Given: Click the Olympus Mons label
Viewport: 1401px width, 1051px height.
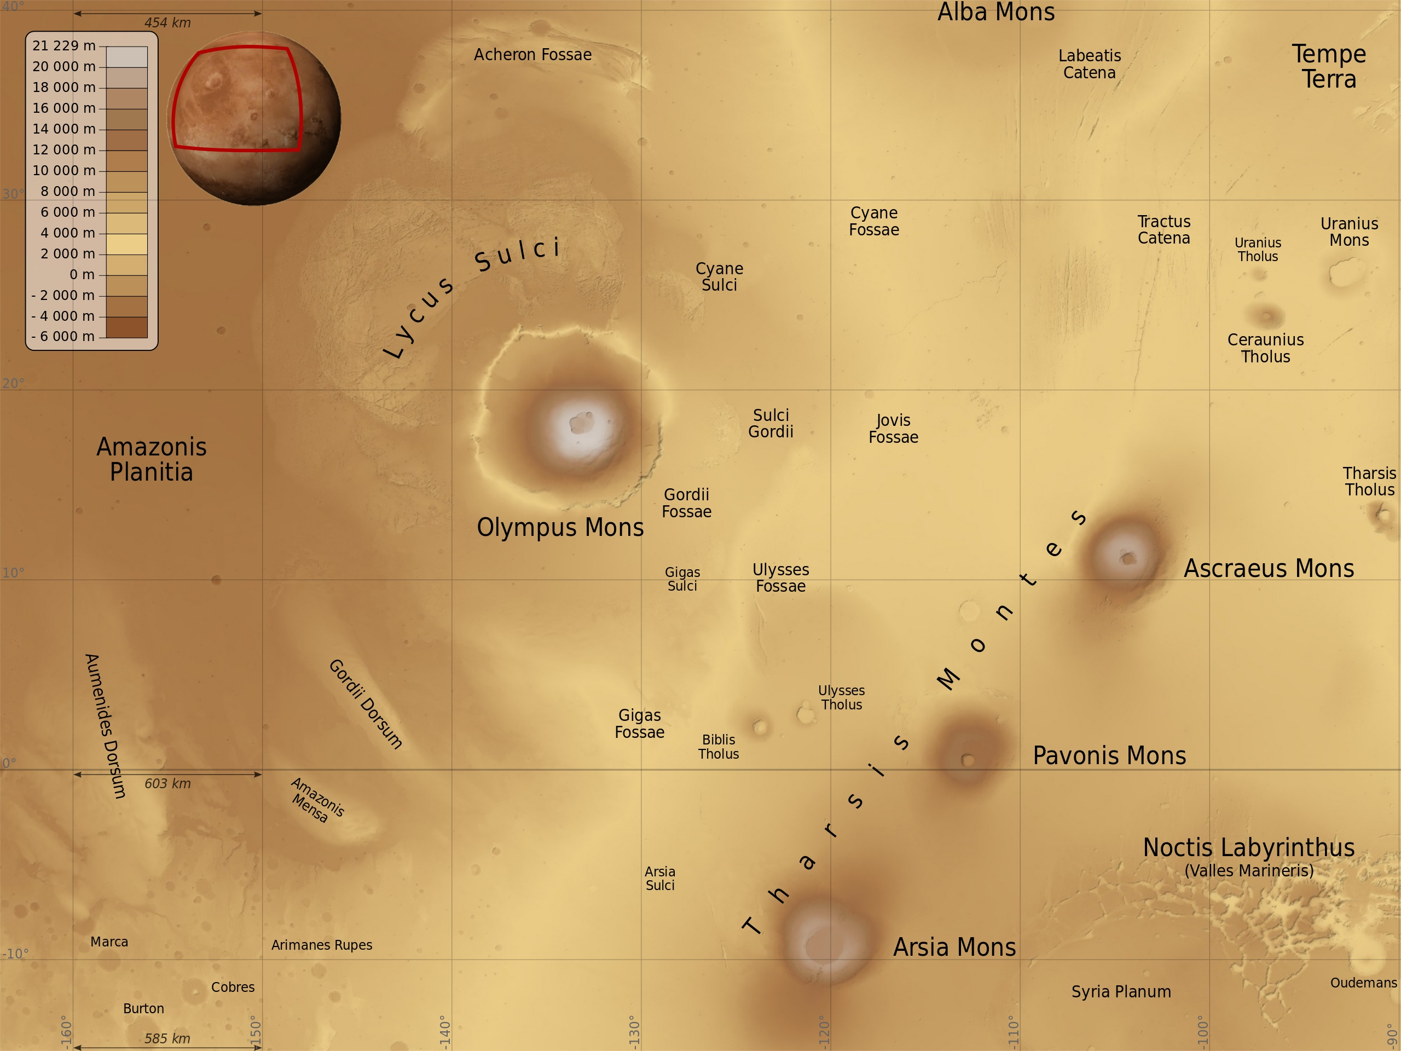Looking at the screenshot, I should (560, 527).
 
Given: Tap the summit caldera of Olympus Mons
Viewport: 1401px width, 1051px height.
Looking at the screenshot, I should (581, 421).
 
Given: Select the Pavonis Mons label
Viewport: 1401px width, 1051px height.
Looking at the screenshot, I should (1109, 755).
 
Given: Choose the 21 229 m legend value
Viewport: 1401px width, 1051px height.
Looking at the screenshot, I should (64, 45).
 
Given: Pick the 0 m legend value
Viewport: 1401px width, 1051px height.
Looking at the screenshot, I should (82, 274).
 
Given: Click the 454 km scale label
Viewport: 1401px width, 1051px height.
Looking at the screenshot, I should (167, 23).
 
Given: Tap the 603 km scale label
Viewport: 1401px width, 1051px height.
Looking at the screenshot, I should (167, 784).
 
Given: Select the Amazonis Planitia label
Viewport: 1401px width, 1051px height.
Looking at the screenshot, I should (152, 459).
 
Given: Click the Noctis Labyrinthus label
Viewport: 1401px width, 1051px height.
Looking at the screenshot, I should (1248, 847).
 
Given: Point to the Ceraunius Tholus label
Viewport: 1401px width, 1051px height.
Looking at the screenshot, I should (1265, 348).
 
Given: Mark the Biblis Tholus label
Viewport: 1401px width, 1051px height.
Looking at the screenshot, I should (718, 746).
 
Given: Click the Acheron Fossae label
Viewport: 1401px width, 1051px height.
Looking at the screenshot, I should (532, 55).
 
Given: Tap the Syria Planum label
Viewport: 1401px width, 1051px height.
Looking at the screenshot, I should (1121, 991).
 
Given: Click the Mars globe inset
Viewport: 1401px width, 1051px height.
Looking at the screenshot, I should (254, 118).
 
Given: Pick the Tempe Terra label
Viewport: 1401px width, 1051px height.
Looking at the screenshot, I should (1329, 67).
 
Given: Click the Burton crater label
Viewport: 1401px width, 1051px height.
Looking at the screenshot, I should (143, 1008).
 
